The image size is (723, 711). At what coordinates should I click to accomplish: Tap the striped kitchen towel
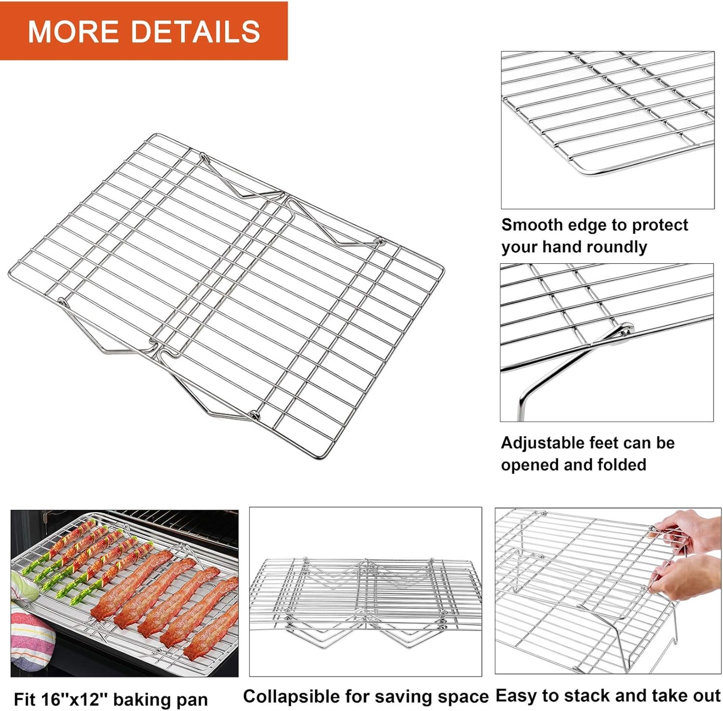(30, 641)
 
